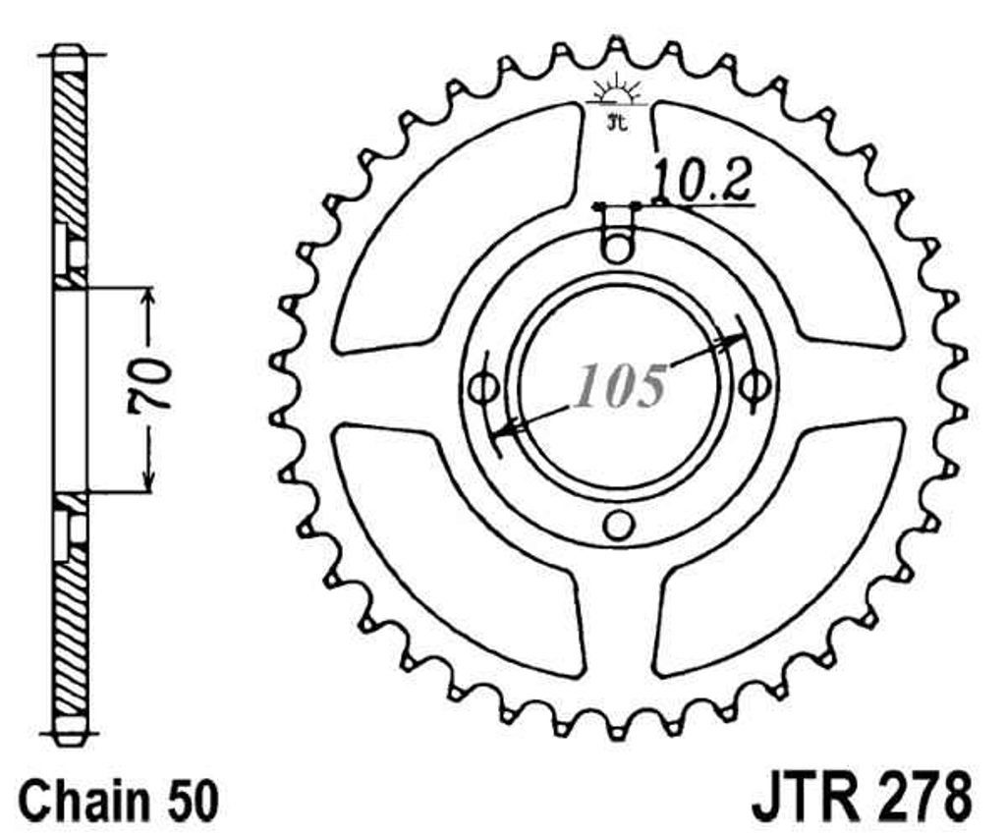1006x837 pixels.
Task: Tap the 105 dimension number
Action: (x=620, y=386)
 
